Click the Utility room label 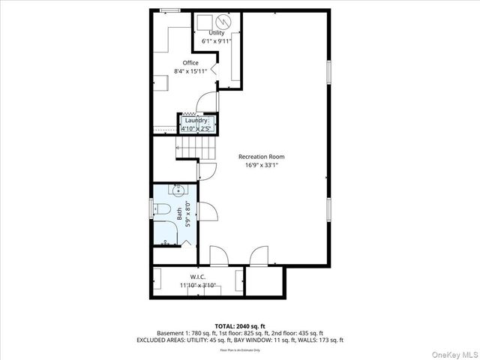click(216, 33)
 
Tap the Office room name click(190, 63)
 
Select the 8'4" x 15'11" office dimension click(190, 71)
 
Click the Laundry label click(197, 120)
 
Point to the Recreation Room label click(261, 157)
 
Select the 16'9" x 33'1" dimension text click(261, 165)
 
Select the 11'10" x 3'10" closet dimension click(197, 286)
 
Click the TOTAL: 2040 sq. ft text click(239, 325)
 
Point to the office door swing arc click(204, 103)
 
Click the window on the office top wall click(170, 10)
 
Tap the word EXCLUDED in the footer click(154, 340)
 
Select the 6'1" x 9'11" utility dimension click(216, 41)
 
